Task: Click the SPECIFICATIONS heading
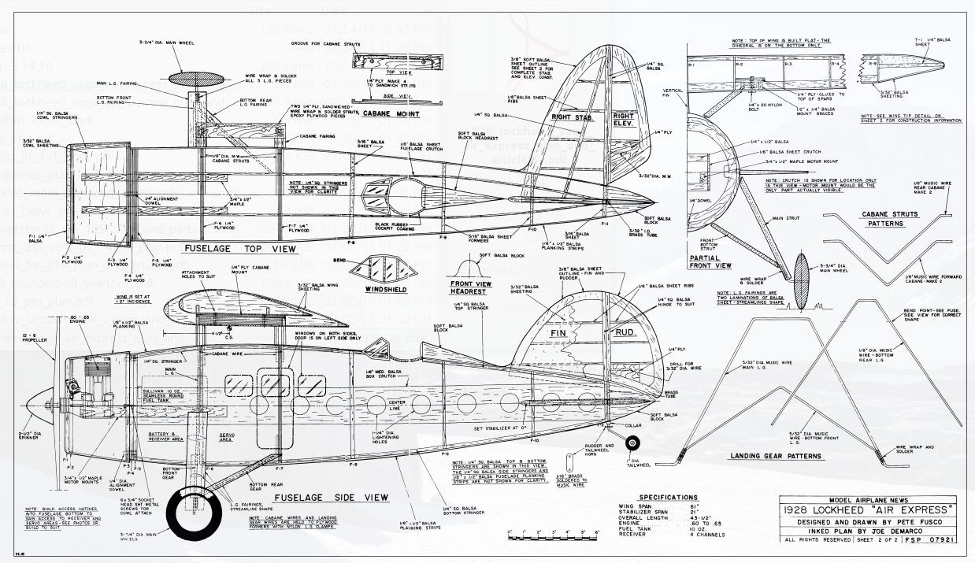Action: [x=668, y=498]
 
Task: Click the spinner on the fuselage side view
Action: [x=33, y=406]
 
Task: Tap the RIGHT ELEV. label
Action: [x=623, y=120]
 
